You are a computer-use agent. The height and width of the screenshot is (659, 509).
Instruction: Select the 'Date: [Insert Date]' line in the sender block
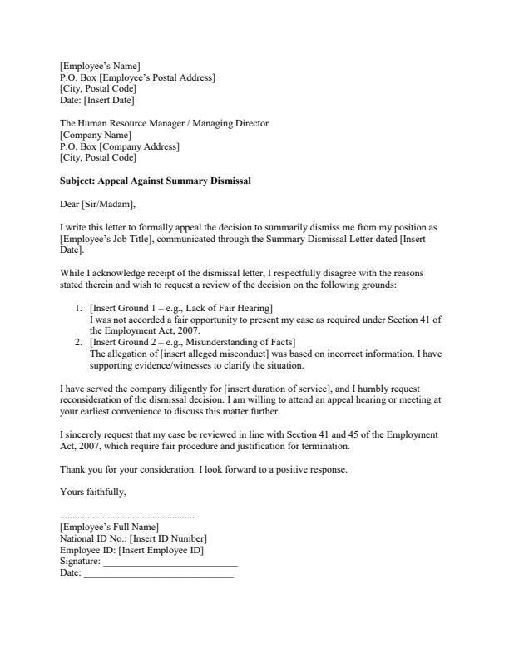click(96, 101)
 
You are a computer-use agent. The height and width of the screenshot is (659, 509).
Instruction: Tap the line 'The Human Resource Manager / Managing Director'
click(164, 124)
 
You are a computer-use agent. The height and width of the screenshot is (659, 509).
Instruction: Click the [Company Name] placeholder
click(96, 135)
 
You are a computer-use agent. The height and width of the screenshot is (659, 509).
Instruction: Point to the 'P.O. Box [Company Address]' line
click(119, 146)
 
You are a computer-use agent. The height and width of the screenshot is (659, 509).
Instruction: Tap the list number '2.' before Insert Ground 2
click(80, 342)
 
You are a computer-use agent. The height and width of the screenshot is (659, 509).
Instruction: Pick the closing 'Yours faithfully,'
click(93, 493)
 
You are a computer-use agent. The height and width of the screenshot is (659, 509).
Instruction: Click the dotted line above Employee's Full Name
click(127, 516)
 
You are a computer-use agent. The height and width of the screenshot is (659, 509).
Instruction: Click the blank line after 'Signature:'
click(170, 563)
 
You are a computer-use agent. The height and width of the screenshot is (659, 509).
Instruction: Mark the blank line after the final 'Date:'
click(158, 574)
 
